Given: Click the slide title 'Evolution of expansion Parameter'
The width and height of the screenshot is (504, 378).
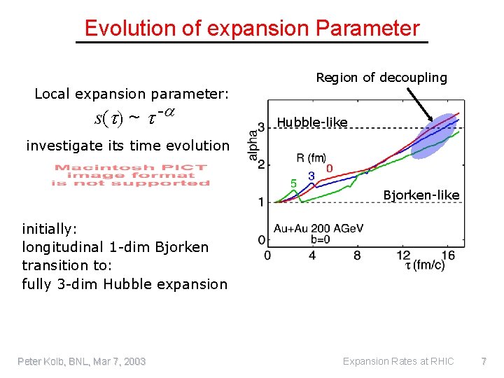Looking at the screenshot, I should click(252, 28).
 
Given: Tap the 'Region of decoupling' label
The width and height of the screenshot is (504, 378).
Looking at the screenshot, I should click(381, 77).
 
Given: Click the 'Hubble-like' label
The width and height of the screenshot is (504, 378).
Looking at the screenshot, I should click(312, 122).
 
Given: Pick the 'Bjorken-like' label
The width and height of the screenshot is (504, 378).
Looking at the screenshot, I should click(421, 195).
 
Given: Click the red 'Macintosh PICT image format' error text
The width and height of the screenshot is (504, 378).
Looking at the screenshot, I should click(131, 175).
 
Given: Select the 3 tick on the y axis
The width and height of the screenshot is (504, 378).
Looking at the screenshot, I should click(261, 127).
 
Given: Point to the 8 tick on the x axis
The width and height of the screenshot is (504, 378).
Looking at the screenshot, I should click(357, 255).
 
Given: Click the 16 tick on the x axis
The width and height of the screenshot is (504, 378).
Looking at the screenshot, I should click(449, 255).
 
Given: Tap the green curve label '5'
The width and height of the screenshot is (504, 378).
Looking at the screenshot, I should click(293, 183).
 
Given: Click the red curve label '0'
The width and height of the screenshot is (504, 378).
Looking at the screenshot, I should click(329, 169).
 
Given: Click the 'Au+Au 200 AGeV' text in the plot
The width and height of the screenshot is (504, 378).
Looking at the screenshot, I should click(309, 229).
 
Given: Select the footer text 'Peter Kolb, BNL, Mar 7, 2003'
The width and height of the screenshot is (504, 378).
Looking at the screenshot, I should click(82, 361).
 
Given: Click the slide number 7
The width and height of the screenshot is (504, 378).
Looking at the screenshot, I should click(483, 361).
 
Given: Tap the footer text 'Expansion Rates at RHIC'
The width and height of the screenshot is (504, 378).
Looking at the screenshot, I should click(398, 361).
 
